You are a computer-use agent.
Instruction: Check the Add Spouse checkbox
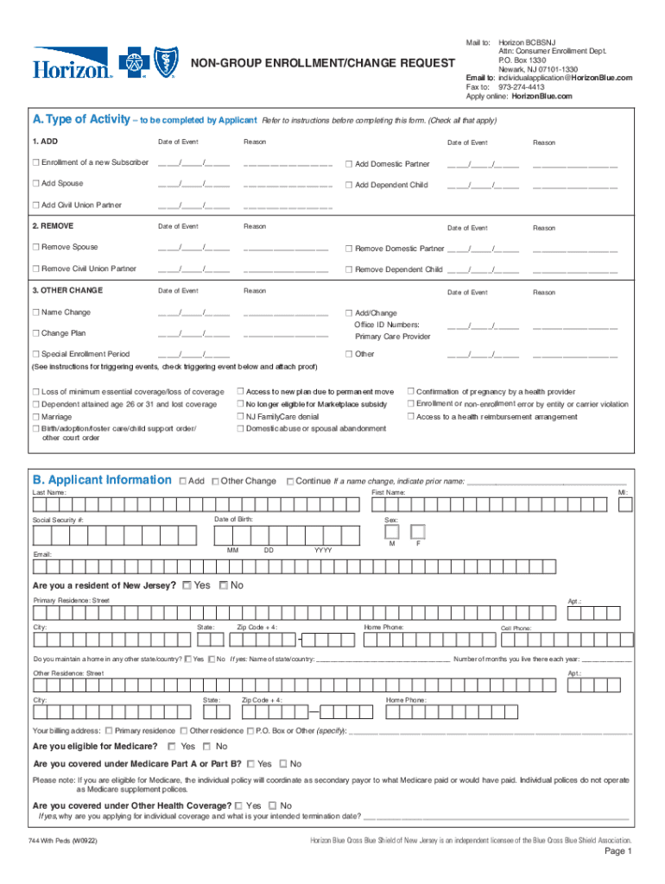36,184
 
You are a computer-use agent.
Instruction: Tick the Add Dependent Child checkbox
349,185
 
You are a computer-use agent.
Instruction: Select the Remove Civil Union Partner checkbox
36,268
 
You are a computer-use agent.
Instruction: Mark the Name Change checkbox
36,313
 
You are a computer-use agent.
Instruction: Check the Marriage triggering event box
36,417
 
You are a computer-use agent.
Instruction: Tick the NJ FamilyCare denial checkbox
241,417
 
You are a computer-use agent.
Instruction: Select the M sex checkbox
392,531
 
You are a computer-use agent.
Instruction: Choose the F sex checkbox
418,531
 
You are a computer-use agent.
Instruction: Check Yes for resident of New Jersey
187,585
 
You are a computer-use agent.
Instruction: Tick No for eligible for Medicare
207,746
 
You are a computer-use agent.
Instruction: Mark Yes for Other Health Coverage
238,805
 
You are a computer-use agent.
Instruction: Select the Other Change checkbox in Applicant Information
215,482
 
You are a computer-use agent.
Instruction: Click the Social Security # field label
59,521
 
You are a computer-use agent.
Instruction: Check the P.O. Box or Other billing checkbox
250,730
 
